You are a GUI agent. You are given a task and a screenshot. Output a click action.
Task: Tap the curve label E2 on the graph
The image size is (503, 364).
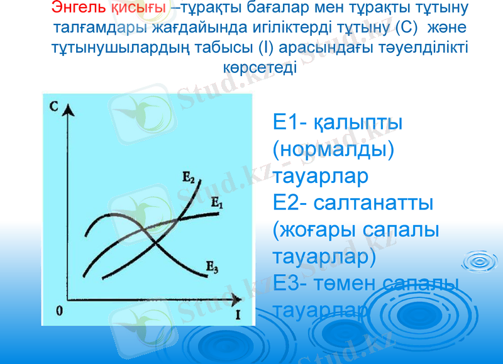click(x=188, y=178)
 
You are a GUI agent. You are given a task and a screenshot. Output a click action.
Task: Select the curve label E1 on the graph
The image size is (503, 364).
click(x=217, y=203)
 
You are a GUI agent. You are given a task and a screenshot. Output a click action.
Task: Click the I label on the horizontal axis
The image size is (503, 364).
click(x=238, y=313)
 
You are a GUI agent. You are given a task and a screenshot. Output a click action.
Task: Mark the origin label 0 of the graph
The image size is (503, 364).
click(x=58, y=311)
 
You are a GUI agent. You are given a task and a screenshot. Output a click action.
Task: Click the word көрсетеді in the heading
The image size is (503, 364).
click(x=260, y=66)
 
